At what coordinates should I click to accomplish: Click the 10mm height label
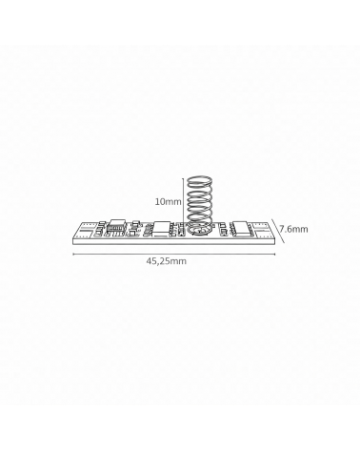[x=168, y=201]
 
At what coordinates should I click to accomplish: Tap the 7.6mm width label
[x=293, y=229]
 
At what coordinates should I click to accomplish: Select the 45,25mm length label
[x=166, y=261]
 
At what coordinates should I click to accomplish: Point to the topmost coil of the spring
[x=199, y=182]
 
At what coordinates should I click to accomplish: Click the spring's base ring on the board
[x=199, y=231]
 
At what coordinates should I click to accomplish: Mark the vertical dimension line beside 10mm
[x=183, y=200]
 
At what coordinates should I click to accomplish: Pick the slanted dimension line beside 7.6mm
[x=278, y=231]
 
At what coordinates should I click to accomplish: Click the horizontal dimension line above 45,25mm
[x=174, y=254]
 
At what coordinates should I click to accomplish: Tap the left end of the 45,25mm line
[x=73, y=254]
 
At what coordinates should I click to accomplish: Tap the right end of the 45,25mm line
[x=275, y=254]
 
